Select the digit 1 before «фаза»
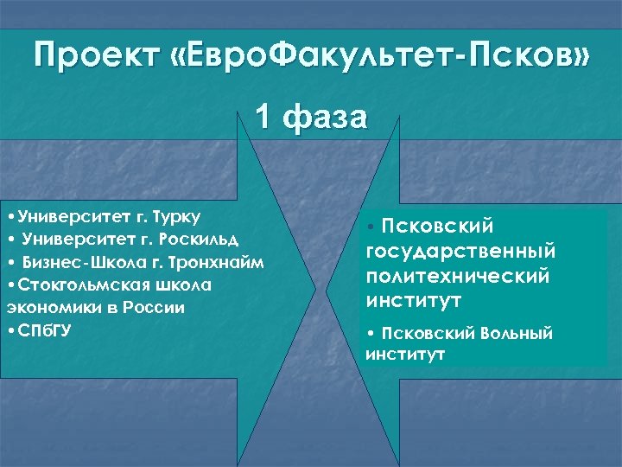[x=263, y=117]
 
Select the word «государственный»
[x=460, y=251]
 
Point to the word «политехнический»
[x=458, y=276]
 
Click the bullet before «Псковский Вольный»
[x=370, y=334]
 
